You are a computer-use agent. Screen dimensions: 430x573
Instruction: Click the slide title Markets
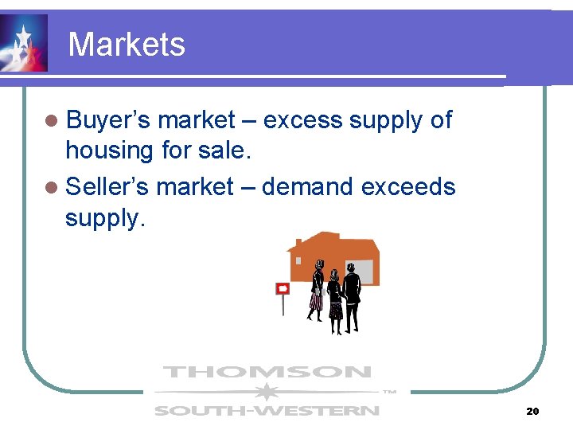pyautogui.click(x=127, y=44)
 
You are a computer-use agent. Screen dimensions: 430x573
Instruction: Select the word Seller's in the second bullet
pyautogui.click(x=107, y=187)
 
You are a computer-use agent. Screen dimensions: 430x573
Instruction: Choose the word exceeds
pyautogui.click(x=408, y=187)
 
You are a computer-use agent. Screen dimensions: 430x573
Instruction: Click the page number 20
pyautogui.click(x=532, y=411)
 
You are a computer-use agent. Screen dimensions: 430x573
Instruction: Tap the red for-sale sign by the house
pyautogui.click(x=282, y=288)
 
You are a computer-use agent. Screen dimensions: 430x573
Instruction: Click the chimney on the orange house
pyautogui.click(x=298, y=241)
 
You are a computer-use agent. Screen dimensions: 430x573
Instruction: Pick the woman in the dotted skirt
pyautogui.click(x=335, y=299)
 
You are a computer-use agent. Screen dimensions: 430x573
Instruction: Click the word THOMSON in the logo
pyautogui.click(x=267, y=372)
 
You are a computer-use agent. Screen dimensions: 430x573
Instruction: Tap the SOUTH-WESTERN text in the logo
pyautogui.click(x=267, y=411)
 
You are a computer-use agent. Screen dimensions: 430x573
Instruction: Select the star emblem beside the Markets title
pyautogui.click(x=23, y=43)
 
